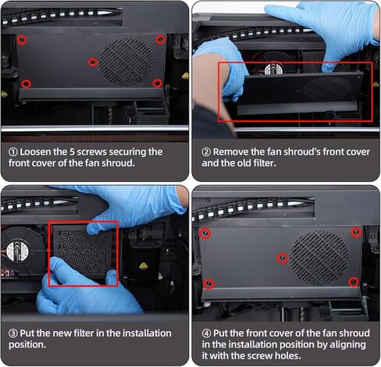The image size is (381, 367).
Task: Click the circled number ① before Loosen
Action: coord(14,152)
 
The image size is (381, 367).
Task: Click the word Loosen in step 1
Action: coord(39,152)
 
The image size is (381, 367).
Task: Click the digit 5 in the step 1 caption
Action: coord(84,152)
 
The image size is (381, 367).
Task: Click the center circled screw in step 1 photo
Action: coord(93,61)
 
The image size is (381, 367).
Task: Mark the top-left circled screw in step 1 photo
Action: coord(23,39)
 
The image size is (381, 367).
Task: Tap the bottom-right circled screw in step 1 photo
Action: coord(157,83)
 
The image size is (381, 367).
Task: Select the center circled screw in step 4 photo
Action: coord(283,257)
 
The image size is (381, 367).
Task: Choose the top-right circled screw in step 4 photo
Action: coord(356,232)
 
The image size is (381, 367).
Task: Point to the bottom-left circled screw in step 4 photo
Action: coord(208,283)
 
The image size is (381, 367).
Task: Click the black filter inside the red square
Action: coord(83,254)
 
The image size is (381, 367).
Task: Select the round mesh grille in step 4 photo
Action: coord(319,255)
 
